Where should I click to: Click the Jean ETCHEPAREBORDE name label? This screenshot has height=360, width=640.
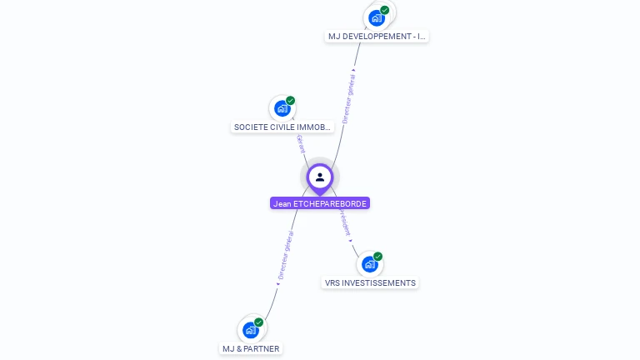tap(320, 203)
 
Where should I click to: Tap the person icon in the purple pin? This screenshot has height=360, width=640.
tap(320, 177)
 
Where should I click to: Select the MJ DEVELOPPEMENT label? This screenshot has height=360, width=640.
tap(377, 37)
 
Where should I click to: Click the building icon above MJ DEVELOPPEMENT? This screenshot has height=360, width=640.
tap(377, 17)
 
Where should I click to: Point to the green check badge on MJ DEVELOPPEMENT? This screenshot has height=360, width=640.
tap(385, 10)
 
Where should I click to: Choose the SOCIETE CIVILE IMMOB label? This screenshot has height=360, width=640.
tap(282, 127)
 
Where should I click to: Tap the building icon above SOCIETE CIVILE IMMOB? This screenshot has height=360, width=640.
tap(282, 108)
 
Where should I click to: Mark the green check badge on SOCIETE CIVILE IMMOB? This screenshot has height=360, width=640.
tap(290, 101)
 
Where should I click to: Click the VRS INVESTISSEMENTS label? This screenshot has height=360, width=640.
tap(370, 282)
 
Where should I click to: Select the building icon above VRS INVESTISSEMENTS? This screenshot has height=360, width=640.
tap(369, 264)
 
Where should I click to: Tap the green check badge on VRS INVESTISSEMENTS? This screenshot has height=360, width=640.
tap(377, 257)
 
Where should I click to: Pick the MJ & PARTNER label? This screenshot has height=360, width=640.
tap(251, 348)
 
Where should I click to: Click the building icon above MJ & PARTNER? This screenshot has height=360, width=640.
tap(250, 330)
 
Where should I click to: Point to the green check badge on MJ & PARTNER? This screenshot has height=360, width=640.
tap(258, 322)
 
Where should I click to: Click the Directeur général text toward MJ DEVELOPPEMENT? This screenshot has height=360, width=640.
tap(349, 98)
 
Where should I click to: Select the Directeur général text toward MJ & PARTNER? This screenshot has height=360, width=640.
tap(285, 256)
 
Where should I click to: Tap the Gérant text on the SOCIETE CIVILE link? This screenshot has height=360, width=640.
tap(300, 143)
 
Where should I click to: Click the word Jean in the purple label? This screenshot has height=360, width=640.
tap(282, 203)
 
